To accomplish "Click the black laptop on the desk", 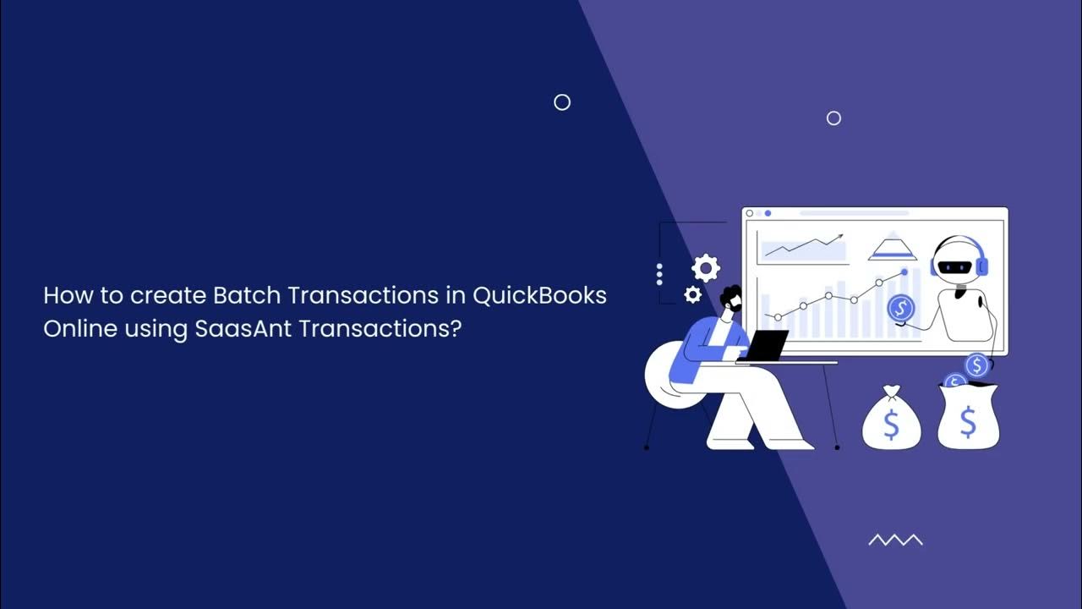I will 765,345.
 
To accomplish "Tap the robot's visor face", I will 958,266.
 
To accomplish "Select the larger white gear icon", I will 706,268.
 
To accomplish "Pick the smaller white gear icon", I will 692,294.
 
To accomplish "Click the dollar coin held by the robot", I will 901,306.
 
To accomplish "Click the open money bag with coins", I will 968,414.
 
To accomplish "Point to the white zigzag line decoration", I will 895,540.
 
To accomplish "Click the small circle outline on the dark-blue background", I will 562,102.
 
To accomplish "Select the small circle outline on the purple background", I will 833,118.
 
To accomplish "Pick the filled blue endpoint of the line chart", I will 904,272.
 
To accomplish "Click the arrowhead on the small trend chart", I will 839,238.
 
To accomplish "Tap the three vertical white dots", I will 659,273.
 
